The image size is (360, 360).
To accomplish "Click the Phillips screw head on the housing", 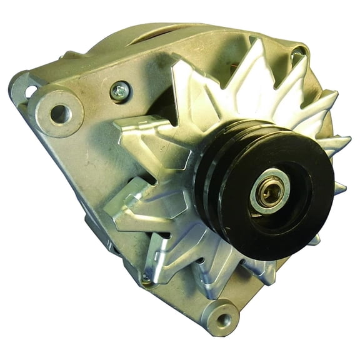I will coord(120,92).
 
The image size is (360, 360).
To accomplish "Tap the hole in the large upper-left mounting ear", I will coord(60,113).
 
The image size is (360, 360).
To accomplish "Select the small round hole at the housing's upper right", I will coord(302,52).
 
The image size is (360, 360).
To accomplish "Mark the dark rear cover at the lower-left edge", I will coord(94,231).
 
